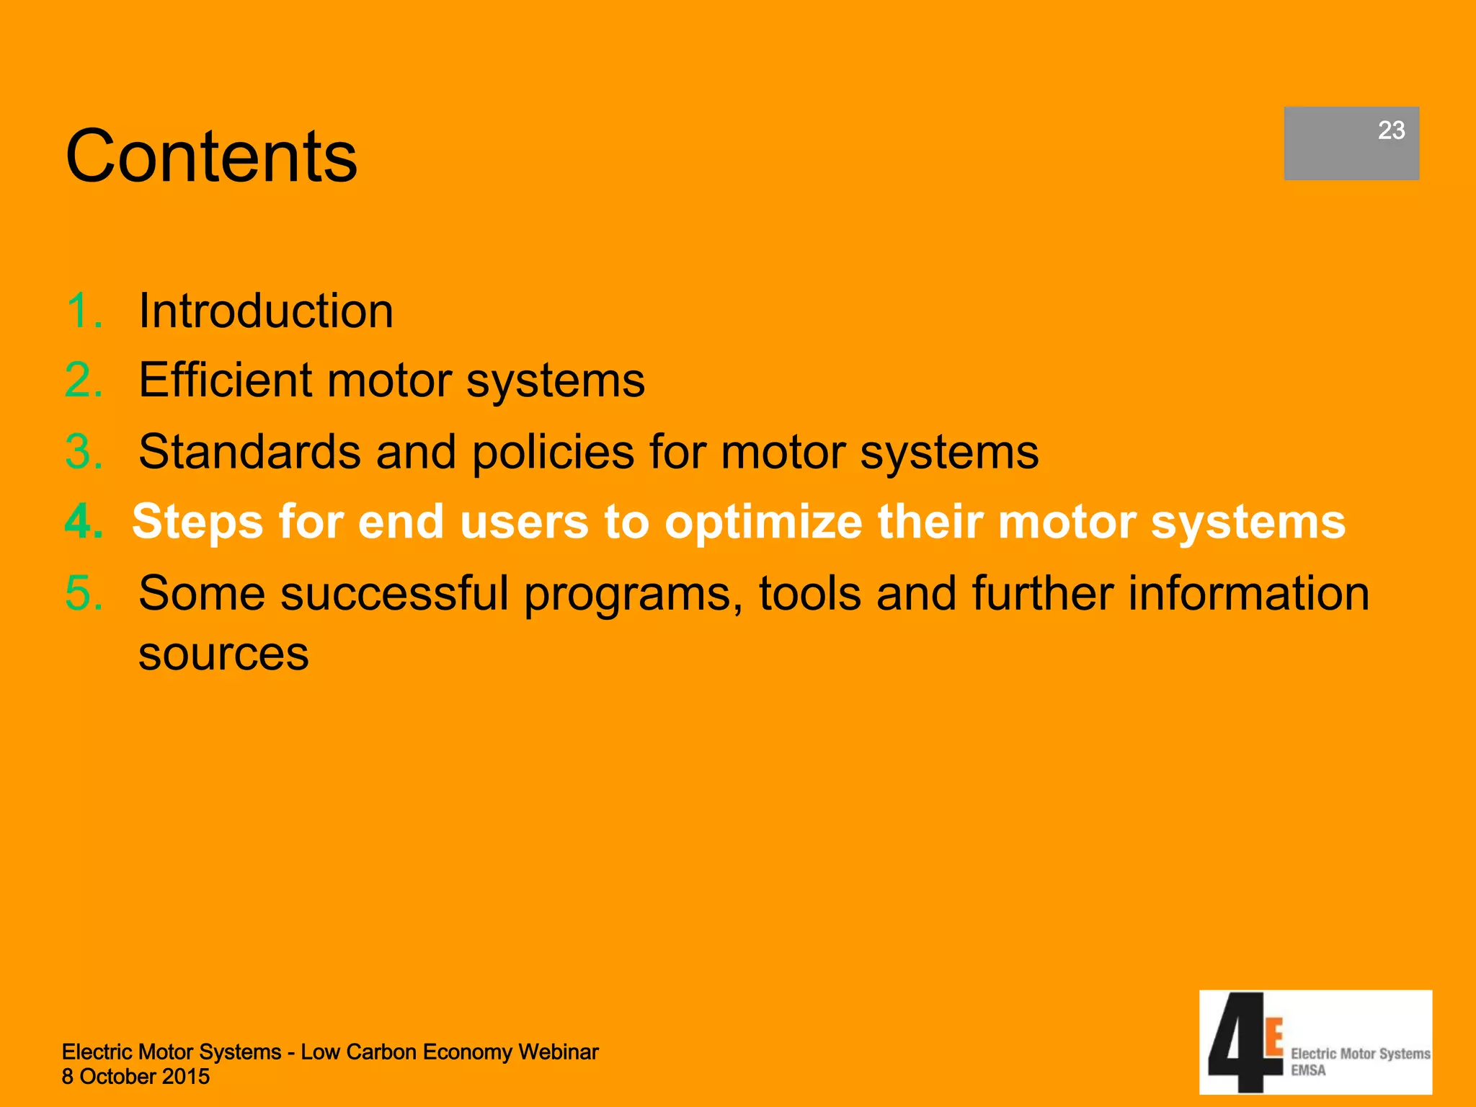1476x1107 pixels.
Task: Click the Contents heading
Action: (211, 156)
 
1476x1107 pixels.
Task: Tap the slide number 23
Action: (1391, 130)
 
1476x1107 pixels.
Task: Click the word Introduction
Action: (266, 311)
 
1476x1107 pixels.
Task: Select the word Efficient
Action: (225, 381)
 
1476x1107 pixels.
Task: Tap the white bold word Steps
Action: (197, 522)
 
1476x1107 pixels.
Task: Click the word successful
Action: (394, 593)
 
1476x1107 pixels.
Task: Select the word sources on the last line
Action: (223, 654)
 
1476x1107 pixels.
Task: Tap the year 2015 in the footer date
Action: (185, 1077)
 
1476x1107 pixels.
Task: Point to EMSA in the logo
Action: (1308, 1071)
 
